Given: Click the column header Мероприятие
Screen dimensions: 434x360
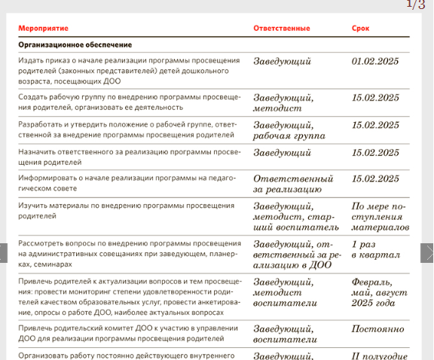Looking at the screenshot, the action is point(43,29).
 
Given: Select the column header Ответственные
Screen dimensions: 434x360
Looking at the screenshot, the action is point(281,29).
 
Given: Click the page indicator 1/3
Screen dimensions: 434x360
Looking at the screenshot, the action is point(415,5).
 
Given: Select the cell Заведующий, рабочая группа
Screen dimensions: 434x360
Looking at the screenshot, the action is point(289,130).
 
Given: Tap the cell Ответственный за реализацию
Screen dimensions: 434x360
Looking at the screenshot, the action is point(293,185).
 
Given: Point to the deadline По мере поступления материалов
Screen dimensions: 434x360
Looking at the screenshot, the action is point(380,216).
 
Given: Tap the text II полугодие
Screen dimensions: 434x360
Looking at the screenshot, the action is point(380,356).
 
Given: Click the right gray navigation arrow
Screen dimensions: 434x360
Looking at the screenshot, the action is point(426,252).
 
